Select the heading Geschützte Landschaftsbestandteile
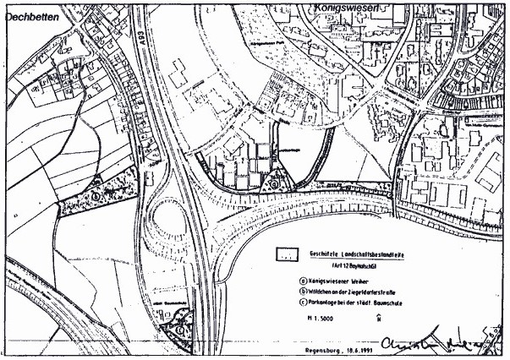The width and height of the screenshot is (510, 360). click(366, 253)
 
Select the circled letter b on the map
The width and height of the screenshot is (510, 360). click(96, 194)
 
